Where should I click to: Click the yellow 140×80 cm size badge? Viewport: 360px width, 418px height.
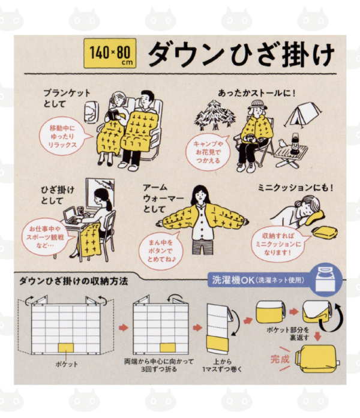pyautogui.click(x=110, y=53)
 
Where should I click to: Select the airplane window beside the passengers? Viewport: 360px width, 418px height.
pyautogui.click(x=89, y=112)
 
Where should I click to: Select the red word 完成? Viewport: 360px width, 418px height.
pyautogui.click(x=280, y=359)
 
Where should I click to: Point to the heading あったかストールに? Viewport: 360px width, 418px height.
pyautogui.click(x=257, y=93)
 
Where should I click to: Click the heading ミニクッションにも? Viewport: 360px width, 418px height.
pyautogui.click(x=295, y=188)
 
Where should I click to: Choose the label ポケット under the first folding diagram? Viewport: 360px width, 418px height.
pyautogui.click(x=67, y=364)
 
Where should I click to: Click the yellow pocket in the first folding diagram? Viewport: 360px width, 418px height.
pyautogui.click(x=66, y=347)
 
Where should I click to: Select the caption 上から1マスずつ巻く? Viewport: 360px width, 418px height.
pyautogui.click(x=222, y=365)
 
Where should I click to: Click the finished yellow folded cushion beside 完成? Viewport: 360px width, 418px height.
pyautogui.click(x=317, y=359)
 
